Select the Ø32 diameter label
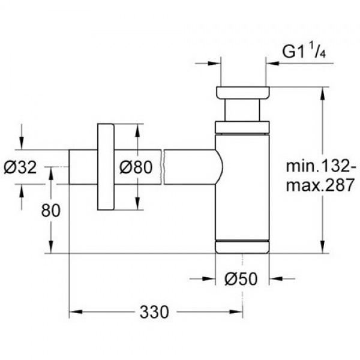click(24, 167)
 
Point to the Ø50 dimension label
click(242, 279)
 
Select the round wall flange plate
click(106, 167)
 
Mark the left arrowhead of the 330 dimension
click(74, 313)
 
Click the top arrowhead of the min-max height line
click(324, 91)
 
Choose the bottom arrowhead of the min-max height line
click(324, 249)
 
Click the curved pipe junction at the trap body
click(218, 167)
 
